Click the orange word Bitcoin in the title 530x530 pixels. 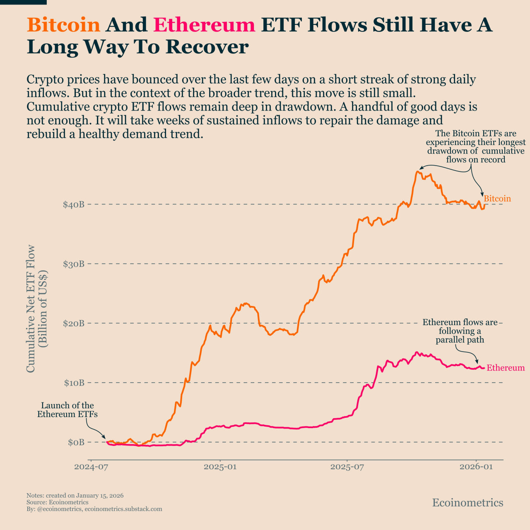(x=63, y=25)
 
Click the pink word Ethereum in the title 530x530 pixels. (x=204, y=25)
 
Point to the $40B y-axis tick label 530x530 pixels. (x=74, y=205)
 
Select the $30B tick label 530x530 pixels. (x=74, y=264)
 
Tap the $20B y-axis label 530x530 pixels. (x=74, y=323)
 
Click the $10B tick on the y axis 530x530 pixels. (x=74, y=383)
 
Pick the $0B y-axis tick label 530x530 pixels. (x=76, y=442)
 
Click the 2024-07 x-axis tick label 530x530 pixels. (x=91, y=467)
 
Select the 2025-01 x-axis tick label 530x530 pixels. (x=220, y=467)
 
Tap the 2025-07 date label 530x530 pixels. (x=347, y=467)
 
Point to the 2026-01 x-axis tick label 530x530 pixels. (x=476, y=467)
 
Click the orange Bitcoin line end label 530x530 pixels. (x=497, y=199)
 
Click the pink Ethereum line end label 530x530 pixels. (x=505, y=368)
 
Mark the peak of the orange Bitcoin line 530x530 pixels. (x=418, y=171)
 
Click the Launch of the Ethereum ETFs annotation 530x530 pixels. (x=67, y=410)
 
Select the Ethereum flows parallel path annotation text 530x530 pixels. (x=460, y=331)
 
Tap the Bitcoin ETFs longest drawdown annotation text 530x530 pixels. (x=476, y=147)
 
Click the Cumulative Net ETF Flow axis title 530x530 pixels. (x=36, y=308)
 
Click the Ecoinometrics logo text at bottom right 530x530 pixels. (x=467, y=503)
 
